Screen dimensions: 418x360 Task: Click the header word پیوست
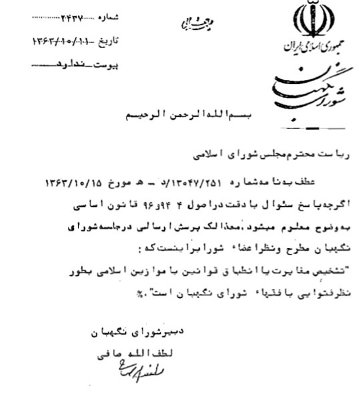[108, 66]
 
